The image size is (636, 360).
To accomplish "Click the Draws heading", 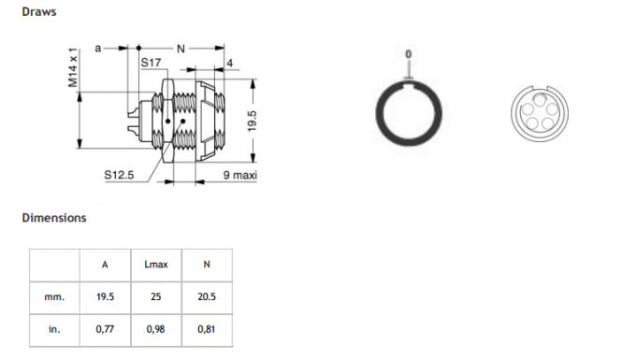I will click(38, 12).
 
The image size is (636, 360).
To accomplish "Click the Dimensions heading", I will click(54, 218).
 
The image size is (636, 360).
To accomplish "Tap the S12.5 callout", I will click(119, 174).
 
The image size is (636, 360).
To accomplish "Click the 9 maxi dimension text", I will click(240, 175).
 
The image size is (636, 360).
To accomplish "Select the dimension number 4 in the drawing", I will click(228, 63).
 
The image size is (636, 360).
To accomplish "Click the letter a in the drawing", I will click(98, 46).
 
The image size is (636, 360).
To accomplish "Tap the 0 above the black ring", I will click(407, 53).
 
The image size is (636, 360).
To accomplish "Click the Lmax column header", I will click(155, 265).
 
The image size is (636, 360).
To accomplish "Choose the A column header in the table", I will click(105, 265).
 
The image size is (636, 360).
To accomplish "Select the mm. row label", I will click(54, 296).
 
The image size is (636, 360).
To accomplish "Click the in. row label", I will click(54, 328).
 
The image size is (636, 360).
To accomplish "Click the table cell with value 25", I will click(155, 296).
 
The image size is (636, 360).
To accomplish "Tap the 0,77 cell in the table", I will click(105, 328).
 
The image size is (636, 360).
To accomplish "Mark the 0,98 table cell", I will click(155, 328).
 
